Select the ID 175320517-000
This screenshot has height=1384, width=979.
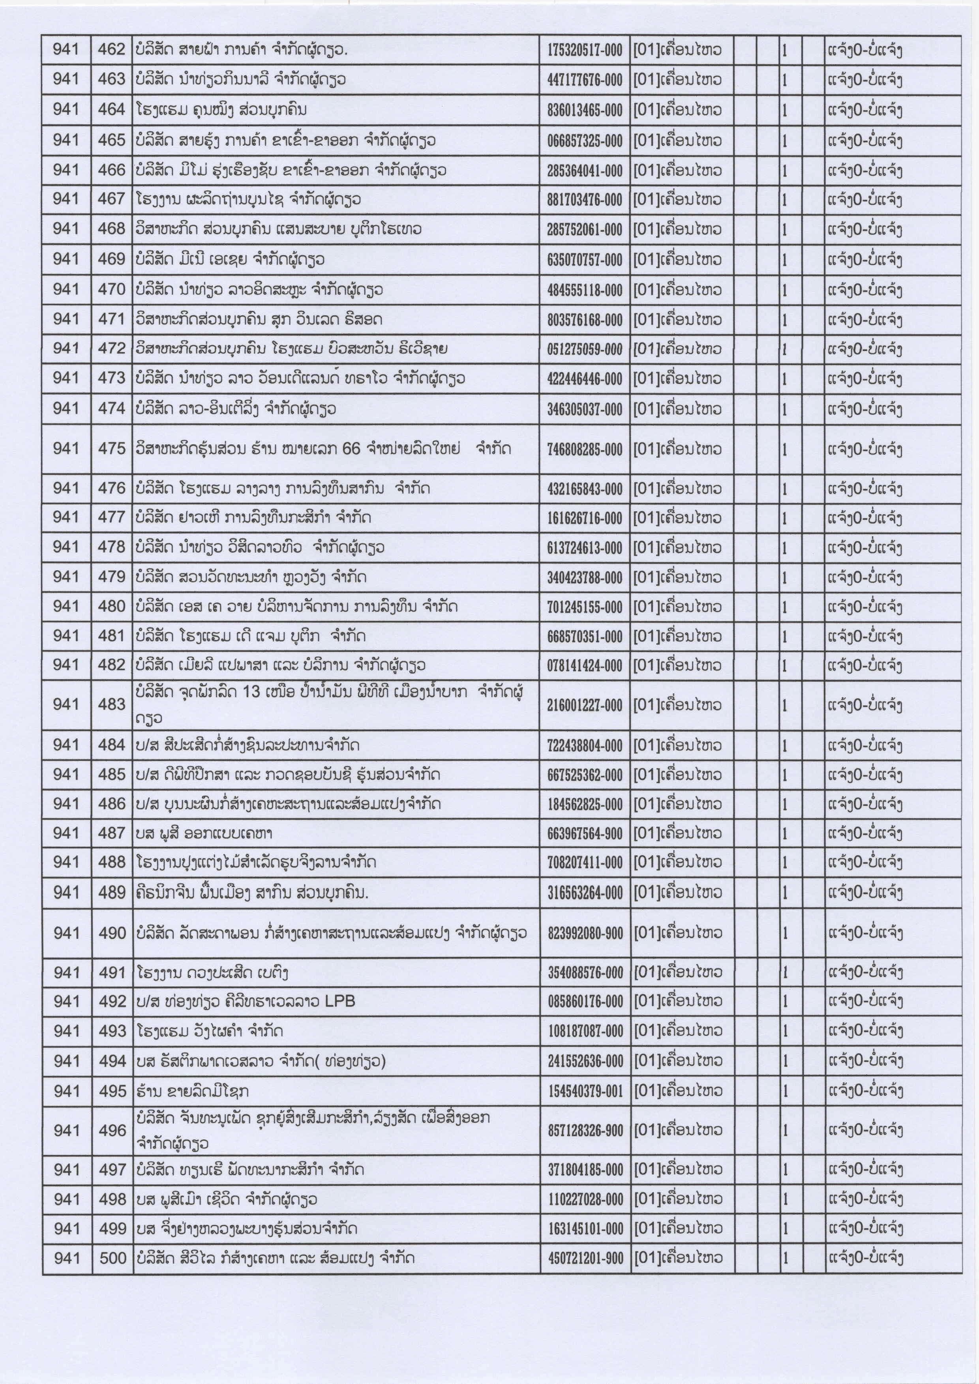584,51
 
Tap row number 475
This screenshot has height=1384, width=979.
112,448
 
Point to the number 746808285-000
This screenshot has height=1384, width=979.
584,449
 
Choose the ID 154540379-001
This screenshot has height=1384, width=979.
585,1092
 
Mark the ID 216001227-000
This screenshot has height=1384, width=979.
584,705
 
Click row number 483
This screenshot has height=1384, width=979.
112,704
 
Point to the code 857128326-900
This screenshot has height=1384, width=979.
585,1131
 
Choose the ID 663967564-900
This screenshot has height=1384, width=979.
584,833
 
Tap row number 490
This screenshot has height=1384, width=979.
112,933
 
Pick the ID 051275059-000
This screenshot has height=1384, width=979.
584,349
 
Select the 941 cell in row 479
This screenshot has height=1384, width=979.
66,577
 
